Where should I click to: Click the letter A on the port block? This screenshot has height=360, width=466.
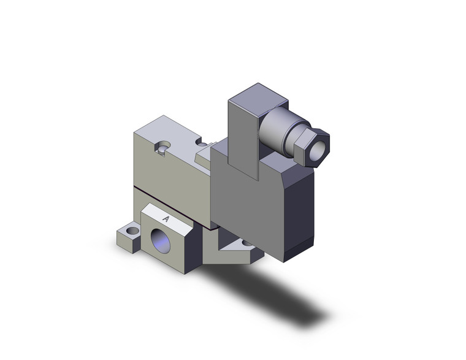(x=166, y=218)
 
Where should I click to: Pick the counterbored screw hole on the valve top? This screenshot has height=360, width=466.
(x=162, y=147)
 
